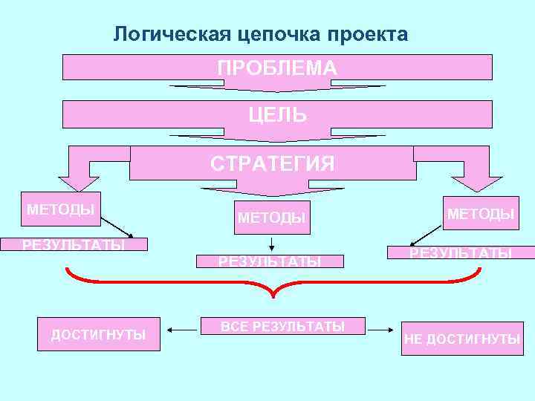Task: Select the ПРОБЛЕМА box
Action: click(277, 68)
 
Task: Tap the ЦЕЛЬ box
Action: click(277, 114)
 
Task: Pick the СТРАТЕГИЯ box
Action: click(272, 163)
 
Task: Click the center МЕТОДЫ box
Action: click(271, 218)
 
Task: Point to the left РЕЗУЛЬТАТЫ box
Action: click(74, 245)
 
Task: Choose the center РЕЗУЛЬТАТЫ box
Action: click(270, 261)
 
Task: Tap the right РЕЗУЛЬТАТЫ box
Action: click(460, 252)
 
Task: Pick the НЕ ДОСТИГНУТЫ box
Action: click(462, 339)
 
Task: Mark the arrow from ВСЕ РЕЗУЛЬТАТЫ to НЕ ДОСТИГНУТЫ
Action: click(381, 330)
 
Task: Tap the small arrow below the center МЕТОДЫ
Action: click(272, 243)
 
